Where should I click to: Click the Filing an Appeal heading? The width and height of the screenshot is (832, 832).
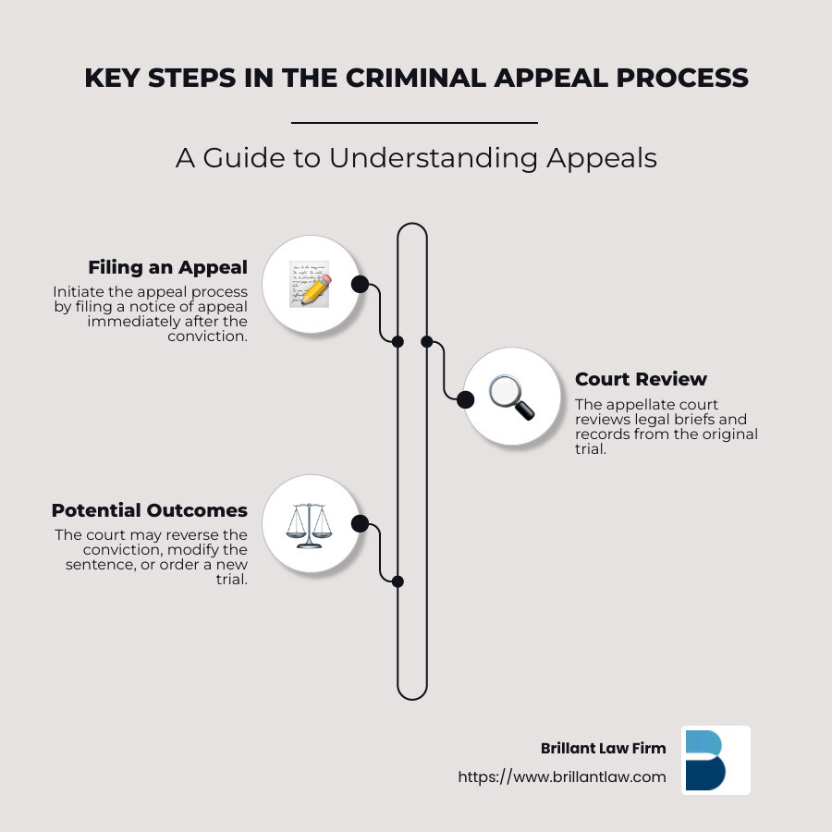point(167,267)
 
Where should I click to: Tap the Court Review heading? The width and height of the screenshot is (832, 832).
point(641,379)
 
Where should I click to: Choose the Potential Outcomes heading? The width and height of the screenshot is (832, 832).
point(149,510)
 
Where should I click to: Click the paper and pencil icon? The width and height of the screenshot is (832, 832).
point(309,283)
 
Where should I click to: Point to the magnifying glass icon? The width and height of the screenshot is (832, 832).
point(510,398)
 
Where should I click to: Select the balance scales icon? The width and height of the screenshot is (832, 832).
point(309,524)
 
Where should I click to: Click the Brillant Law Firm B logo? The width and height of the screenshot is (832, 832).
point(716,760)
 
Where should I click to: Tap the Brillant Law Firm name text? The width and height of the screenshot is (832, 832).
point(603,748)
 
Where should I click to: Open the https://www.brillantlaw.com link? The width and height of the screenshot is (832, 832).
point(562,777)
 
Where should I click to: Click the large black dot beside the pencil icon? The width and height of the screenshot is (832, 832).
point(360,284)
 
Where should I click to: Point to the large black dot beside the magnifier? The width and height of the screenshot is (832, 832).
point(465,399)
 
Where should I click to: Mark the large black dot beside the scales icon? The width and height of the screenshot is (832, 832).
point(360,524)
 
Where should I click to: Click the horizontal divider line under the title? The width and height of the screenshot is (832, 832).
point(414,122)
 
